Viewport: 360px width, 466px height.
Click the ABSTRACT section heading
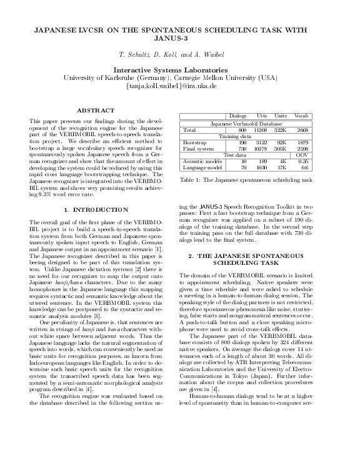tap(91, 110)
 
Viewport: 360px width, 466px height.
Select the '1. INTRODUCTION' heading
tap(91, 209)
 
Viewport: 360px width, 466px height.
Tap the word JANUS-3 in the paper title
tap(179, 37)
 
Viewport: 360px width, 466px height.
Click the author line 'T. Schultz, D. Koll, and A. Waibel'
tap(179, 55)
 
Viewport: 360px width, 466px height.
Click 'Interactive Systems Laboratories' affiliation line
tap(179, 69)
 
